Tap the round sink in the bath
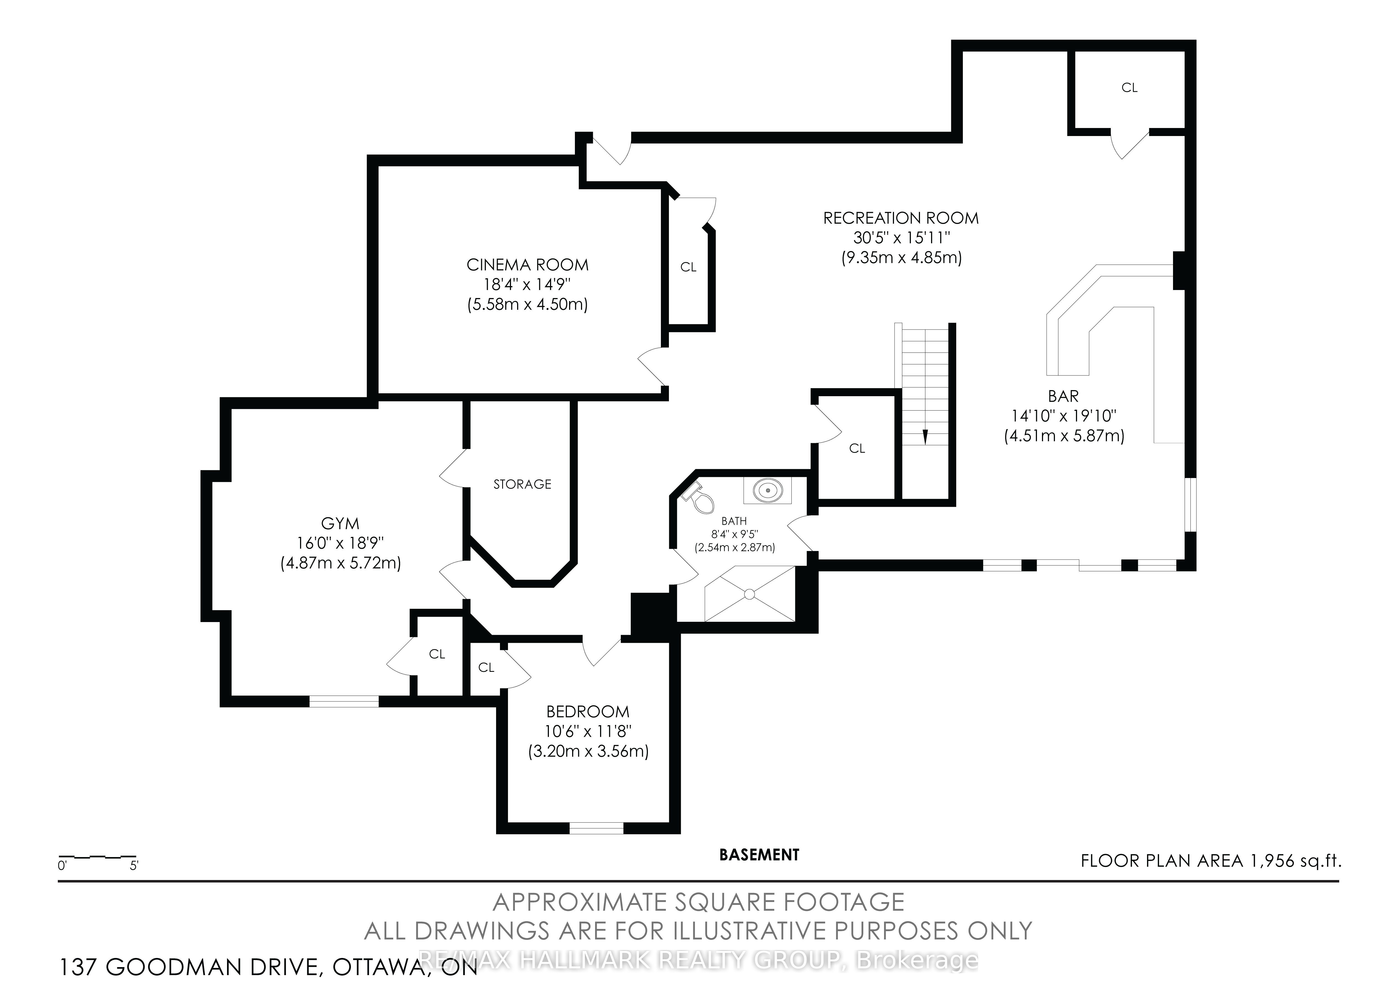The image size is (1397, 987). [767, 490]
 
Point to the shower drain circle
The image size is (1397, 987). [750, 593]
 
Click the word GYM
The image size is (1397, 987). [340, 523]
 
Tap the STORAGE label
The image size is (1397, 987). [522, 484]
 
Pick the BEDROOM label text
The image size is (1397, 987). [588, 711]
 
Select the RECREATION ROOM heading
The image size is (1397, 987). [901, 218]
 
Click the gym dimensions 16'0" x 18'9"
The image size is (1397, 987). [340, 543]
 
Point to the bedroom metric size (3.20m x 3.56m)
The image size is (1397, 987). [588, 751]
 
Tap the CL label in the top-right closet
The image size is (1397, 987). [1129, 88]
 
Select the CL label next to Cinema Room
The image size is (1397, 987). [688, 267]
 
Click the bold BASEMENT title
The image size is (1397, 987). [759, 855]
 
